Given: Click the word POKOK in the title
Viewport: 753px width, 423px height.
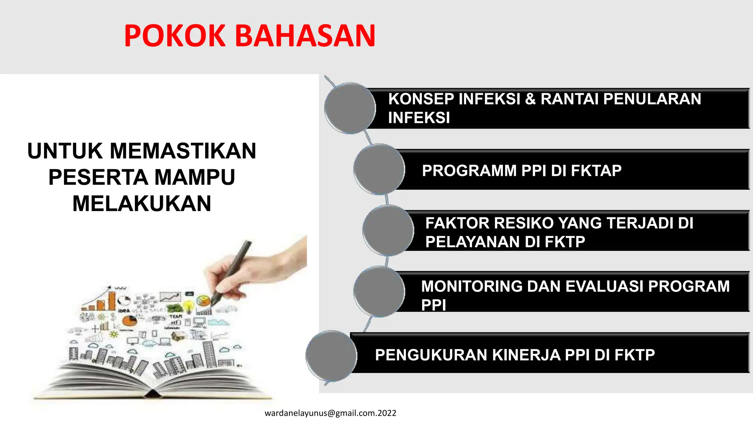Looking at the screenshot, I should click(175, 36).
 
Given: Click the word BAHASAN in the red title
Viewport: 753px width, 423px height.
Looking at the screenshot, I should click(305, 36).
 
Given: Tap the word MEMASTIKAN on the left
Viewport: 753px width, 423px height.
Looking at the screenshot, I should click(183, 151).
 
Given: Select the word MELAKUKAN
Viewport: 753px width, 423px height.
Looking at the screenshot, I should click(142, 203).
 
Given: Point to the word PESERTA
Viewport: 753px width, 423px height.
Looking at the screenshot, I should click(98, 177).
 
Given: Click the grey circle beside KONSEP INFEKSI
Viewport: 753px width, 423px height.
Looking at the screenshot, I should click(350, 108).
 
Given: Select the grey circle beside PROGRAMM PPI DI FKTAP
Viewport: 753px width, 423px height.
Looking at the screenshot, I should click(379, 169).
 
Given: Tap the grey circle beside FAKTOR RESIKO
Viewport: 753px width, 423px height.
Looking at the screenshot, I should click(388, 231).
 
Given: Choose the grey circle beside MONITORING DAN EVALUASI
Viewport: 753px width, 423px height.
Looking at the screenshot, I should click(379, 292).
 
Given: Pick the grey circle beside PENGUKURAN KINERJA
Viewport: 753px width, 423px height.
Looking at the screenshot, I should click(331, 355).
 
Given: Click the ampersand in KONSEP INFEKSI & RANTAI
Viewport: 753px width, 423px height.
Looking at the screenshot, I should click(530, 99).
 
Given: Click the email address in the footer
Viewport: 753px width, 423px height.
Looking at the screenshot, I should click(330, 413).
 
